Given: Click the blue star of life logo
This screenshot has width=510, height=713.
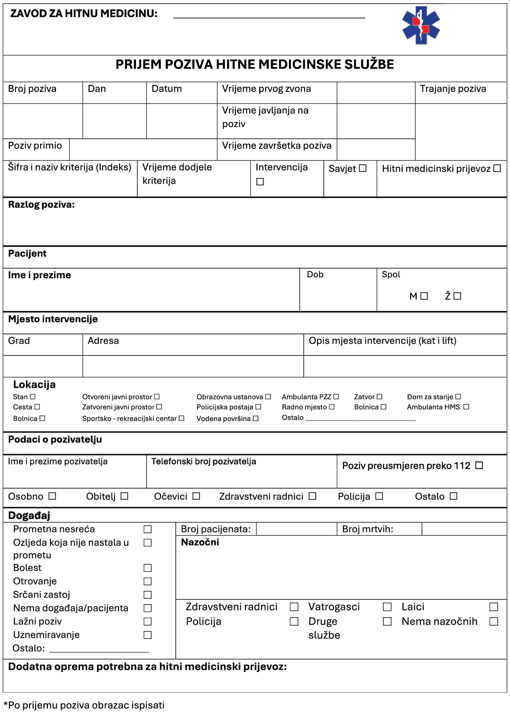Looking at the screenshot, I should click(x=421, y=26).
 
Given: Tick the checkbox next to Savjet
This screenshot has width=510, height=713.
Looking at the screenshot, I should click(x=363, y=168).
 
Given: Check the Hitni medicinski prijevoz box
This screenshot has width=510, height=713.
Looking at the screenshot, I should click(x=497, y=168).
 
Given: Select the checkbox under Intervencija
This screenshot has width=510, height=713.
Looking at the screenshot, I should click(x=260, y=182).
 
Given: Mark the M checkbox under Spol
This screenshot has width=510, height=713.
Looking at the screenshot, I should click(x=424, y=296).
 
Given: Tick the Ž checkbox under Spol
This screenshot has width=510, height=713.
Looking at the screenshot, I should click(x=457, y=296).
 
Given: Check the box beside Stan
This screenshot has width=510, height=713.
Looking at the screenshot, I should click(x=33, y=396).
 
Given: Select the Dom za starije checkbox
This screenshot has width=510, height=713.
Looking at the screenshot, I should click(x=458, y=396).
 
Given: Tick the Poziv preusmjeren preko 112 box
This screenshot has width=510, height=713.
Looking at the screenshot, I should click(x=479, y=465).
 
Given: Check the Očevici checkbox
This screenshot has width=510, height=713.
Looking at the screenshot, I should click(x=196, y=496).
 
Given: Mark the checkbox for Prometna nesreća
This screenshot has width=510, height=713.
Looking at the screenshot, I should click(x=147, y=529).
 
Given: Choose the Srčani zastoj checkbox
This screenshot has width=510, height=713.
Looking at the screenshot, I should click(x=147, y=595).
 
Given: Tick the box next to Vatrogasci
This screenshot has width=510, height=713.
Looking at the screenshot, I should click(x=387, y=607).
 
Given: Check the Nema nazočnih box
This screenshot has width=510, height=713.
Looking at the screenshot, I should click(x=494, y=621).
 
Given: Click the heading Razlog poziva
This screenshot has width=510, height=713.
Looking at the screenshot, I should click(x=41, y=205).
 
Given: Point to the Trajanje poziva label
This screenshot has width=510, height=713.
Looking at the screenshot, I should click(x=453, y=89).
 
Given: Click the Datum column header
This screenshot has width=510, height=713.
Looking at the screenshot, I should click(x=167, y=89).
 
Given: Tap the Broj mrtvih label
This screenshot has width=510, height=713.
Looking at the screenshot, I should click(x=368, y=529).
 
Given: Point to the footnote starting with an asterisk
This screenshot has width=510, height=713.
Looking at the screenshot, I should click(x=84, y=705).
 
